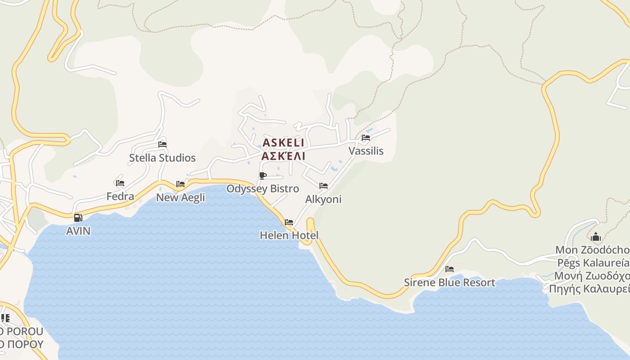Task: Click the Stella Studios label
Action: [162, 158]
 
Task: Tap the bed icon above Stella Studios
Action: [162, 144]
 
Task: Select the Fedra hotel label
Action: [120, 197]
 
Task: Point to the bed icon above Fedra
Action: [120, 183]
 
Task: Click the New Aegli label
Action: [180, 198]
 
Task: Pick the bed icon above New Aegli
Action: [180, 184]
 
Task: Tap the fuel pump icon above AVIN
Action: [78, 218]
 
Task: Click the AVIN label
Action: [78, 231]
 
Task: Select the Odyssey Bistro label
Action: [262, 189]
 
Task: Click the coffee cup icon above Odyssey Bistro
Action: [263, 175]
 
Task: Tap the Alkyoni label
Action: [323, 199]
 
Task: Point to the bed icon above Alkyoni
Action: [323, 186]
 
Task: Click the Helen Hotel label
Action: [289, 235]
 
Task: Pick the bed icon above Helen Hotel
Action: [289, 222]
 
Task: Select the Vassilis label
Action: [366, 151]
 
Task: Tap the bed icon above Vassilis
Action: [366, 138]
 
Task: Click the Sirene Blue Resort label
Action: [449, 283]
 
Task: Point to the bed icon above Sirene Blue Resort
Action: [449, 269]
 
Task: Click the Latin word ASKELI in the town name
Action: [283, 143]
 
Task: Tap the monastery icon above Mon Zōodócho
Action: [596, 237]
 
